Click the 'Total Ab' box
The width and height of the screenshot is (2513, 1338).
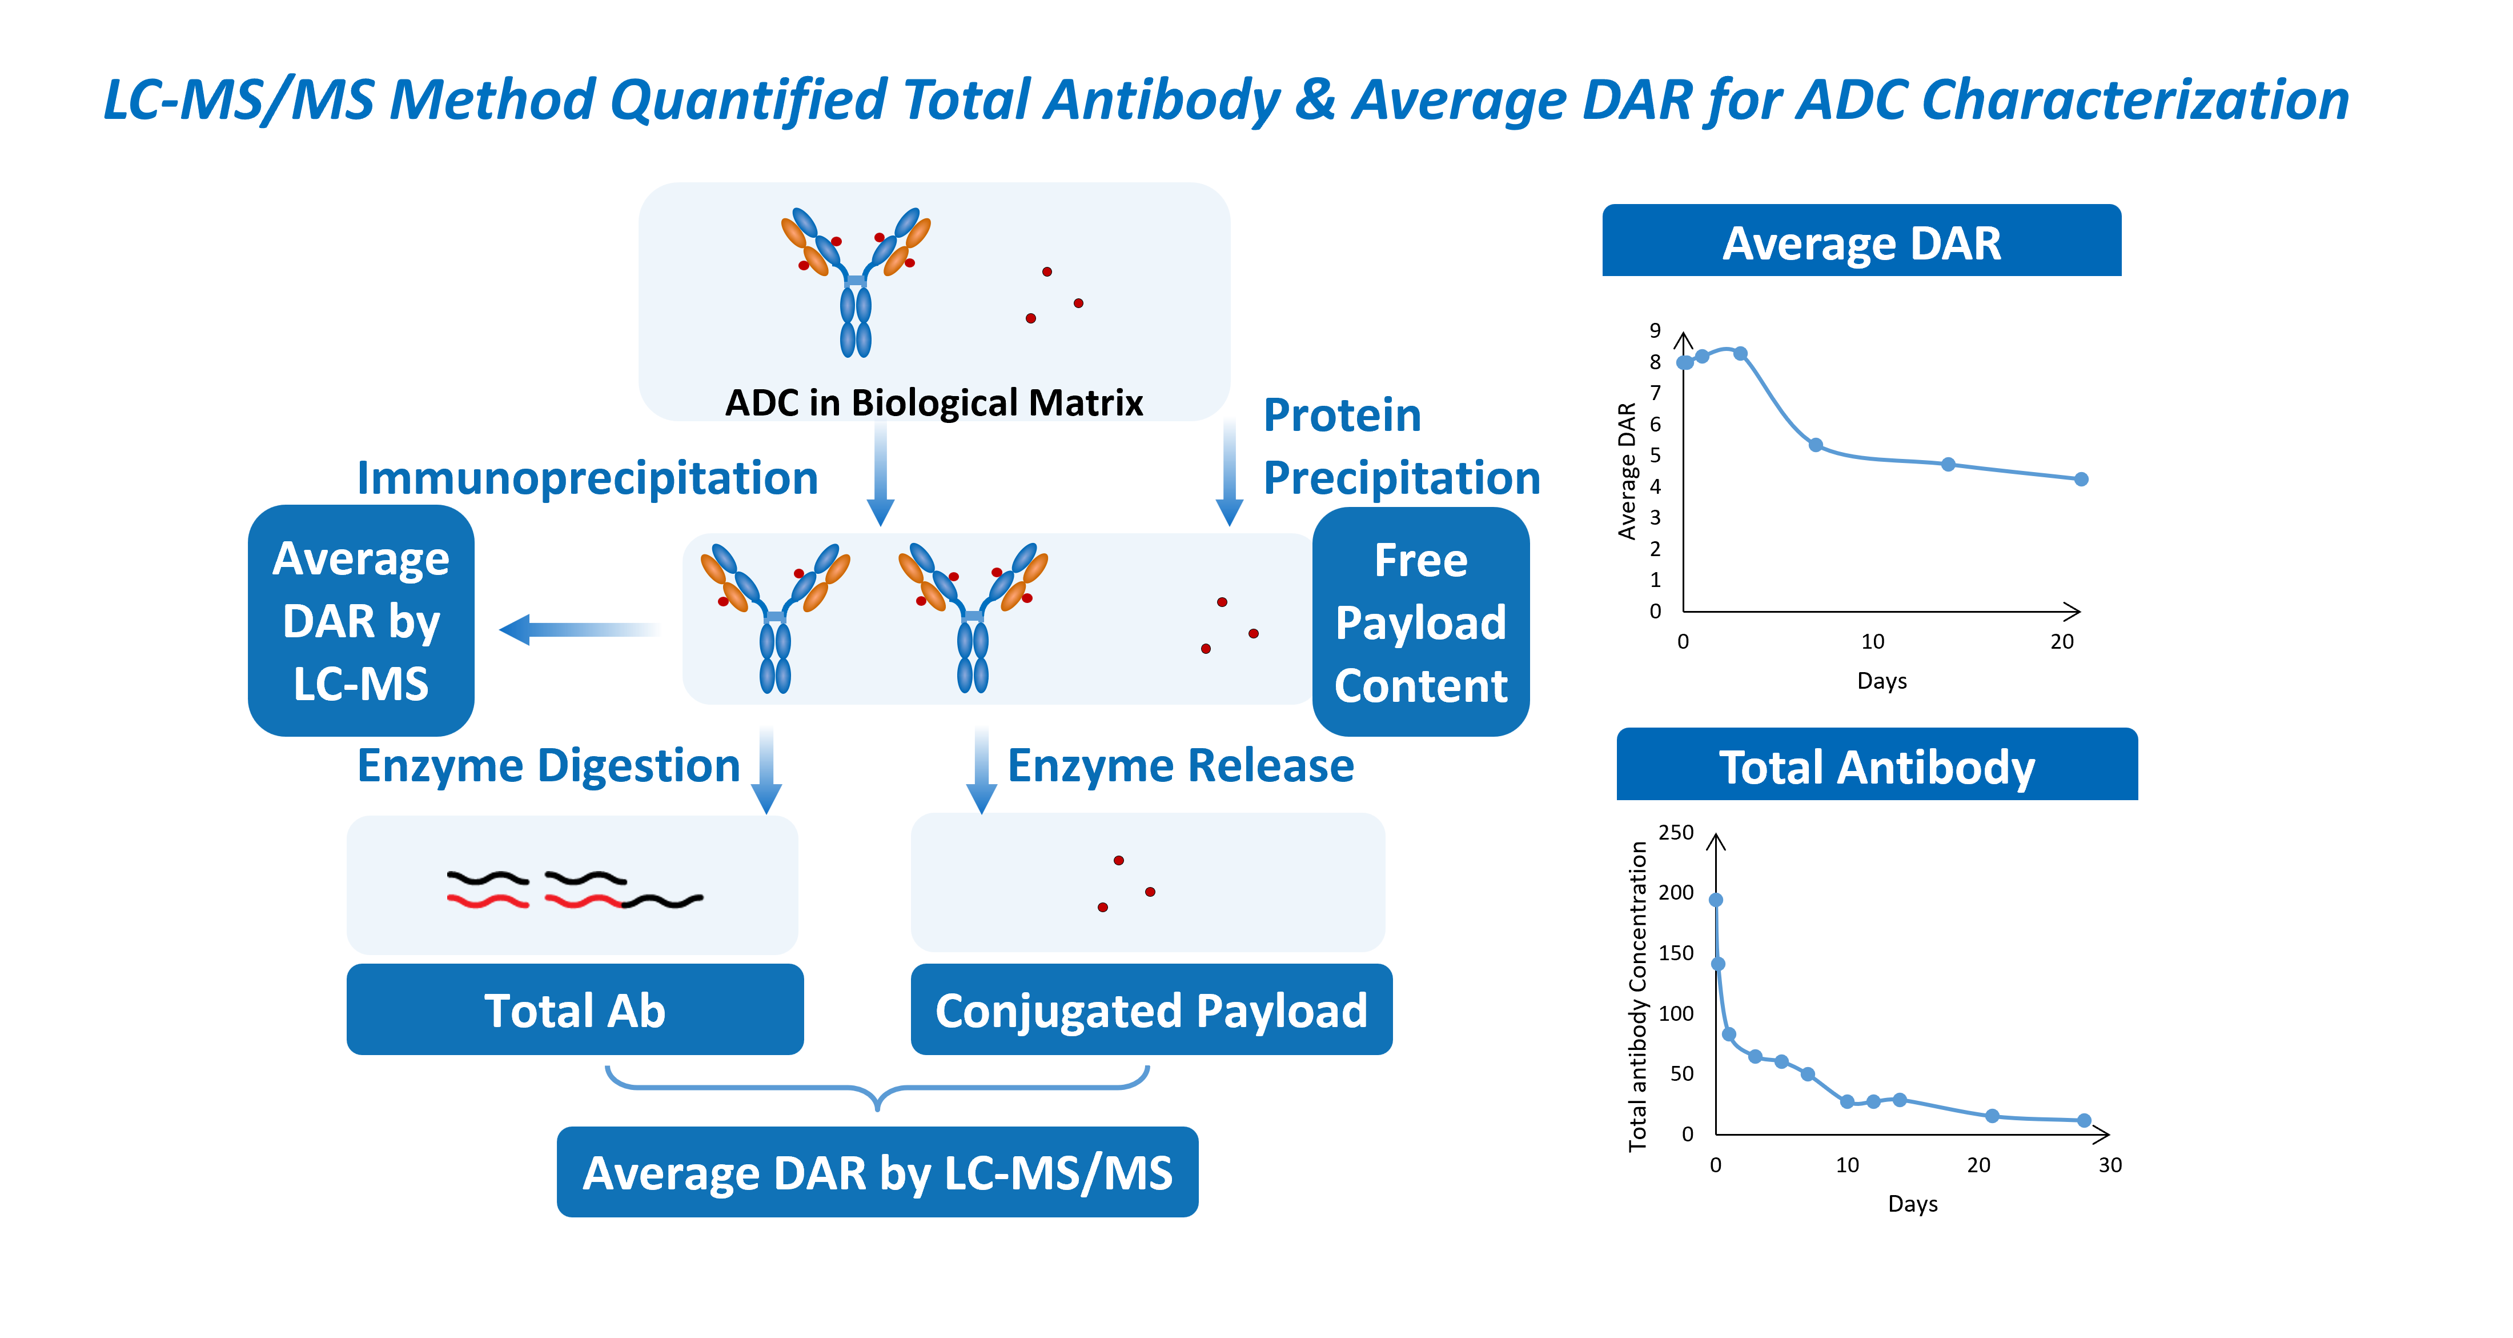point(575,1009)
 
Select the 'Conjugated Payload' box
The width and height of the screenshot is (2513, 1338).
point(1151,1009)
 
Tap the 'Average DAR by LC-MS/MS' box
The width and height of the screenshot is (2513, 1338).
point(877,1172)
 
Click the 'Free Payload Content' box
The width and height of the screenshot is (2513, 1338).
point(1420,622)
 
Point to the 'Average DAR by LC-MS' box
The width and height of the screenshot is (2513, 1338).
point(361,621)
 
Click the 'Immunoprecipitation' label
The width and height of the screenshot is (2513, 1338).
point(587,478)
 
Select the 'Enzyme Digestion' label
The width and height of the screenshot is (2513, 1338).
point(548,766)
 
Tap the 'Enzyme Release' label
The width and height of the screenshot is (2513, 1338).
point(1181,766)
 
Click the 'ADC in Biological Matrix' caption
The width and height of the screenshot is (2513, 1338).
point(934,402)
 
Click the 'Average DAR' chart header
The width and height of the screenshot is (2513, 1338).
point(1861,242)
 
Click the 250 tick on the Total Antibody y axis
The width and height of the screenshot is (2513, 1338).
point(1676,833)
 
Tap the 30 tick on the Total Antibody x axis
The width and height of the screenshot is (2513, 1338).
point(2110,1164)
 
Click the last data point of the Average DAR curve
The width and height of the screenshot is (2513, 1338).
point(2081,479)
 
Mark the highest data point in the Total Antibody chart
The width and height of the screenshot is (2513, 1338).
point(1716,900)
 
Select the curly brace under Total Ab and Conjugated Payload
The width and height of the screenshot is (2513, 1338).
point(877,1088)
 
